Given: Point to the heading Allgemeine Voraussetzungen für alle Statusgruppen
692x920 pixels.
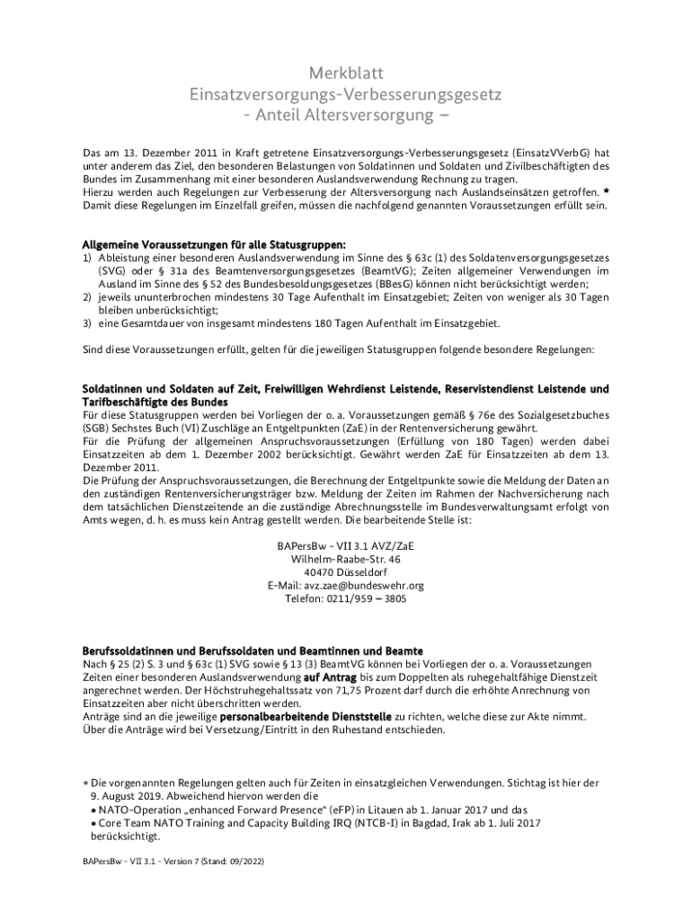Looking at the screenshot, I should point(214,243).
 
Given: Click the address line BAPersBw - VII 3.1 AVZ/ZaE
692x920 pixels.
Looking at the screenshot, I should point(345,545).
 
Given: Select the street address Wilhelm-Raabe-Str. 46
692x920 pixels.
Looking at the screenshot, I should point(345,559).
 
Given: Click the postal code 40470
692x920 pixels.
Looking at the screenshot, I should point(321,572).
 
